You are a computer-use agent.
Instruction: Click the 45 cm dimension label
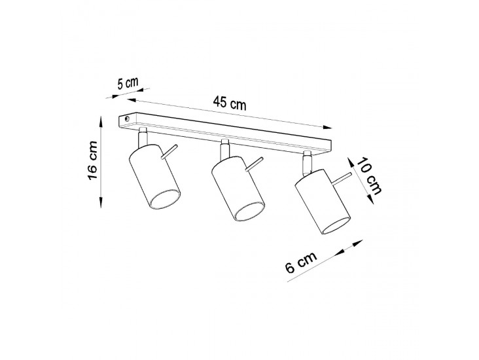coord(230,103)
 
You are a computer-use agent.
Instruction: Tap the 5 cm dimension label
coord(128,83)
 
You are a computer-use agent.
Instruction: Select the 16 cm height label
coord(92,161)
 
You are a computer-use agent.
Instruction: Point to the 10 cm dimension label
coord(370,176)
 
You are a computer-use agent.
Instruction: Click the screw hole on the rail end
coord(127,119)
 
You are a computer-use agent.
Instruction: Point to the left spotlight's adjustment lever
coord(169,152)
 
